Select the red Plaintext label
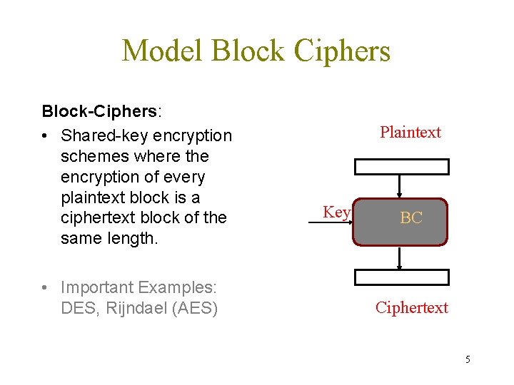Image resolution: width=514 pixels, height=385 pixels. tap(410, 132)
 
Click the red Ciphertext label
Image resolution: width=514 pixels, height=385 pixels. tap(412, 307)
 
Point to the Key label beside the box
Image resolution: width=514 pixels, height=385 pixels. tap(336, 212)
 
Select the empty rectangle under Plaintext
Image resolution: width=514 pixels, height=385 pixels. tap(402, 167)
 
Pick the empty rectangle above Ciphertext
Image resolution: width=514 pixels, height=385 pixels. tap(402, 277)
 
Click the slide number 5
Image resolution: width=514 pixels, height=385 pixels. tap(468, 359)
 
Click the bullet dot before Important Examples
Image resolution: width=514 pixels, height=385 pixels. tap(45, 287)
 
